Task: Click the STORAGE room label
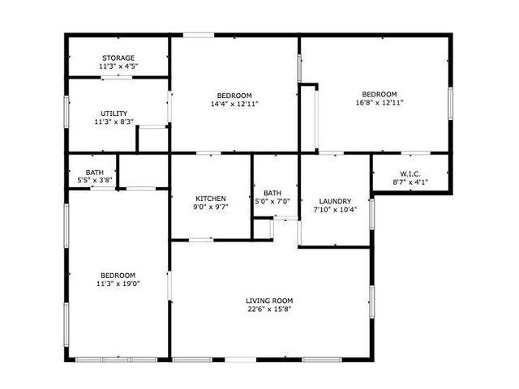(118, 58)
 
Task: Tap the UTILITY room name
(114, 113)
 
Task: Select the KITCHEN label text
(211, 199)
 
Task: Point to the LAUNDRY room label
(335, 201)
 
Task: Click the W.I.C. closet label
(410, 173)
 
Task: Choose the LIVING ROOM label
(269, 301)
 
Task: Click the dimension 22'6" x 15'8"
(269, 310)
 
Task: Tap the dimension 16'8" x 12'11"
(380, 103)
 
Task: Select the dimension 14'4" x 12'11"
(234, 104)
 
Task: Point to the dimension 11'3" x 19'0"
(118, 284)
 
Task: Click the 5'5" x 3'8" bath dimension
(95, 180)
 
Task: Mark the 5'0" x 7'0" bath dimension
(272, 201)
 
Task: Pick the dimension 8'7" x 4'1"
(410, 182)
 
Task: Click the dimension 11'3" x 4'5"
(118, 66)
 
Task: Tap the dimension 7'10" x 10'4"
(335, 209)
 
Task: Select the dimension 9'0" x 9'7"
(211, 207)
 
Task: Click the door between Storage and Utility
(117, 78)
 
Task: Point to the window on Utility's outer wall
(66, 112)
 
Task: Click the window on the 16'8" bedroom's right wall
(450, 103)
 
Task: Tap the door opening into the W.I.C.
(416, 153)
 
